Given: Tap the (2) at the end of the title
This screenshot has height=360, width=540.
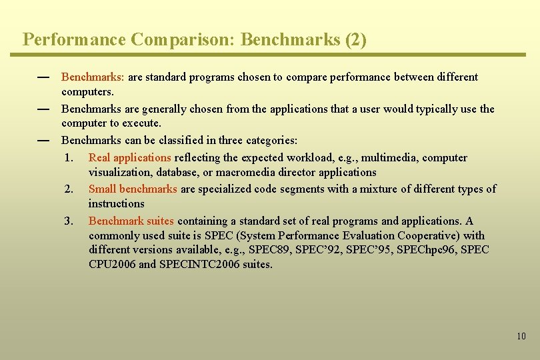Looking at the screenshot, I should (355, 40).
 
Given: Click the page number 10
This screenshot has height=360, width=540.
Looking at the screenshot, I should (521, 336).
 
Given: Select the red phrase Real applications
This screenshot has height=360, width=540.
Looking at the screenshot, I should (129, 158).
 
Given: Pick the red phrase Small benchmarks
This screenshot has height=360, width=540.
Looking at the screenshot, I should (133, 189).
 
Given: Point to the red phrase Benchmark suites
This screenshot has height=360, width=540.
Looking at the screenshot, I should (131, 221).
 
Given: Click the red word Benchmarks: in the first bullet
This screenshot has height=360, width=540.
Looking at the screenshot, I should (93, 77).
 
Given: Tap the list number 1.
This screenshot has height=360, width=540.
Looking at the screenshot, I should (69, 158).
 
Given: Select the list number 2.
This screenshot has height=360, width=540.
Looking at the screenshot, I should (69, 189).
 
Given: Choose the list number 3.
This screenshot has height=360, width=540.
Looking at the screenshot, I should (69, 221).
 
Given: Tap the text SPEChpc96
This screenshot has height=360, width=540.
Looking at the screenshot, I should (424, 250).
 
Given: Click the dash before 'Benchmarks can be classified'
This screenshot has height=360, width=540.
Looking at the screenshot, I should (44, 141).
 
